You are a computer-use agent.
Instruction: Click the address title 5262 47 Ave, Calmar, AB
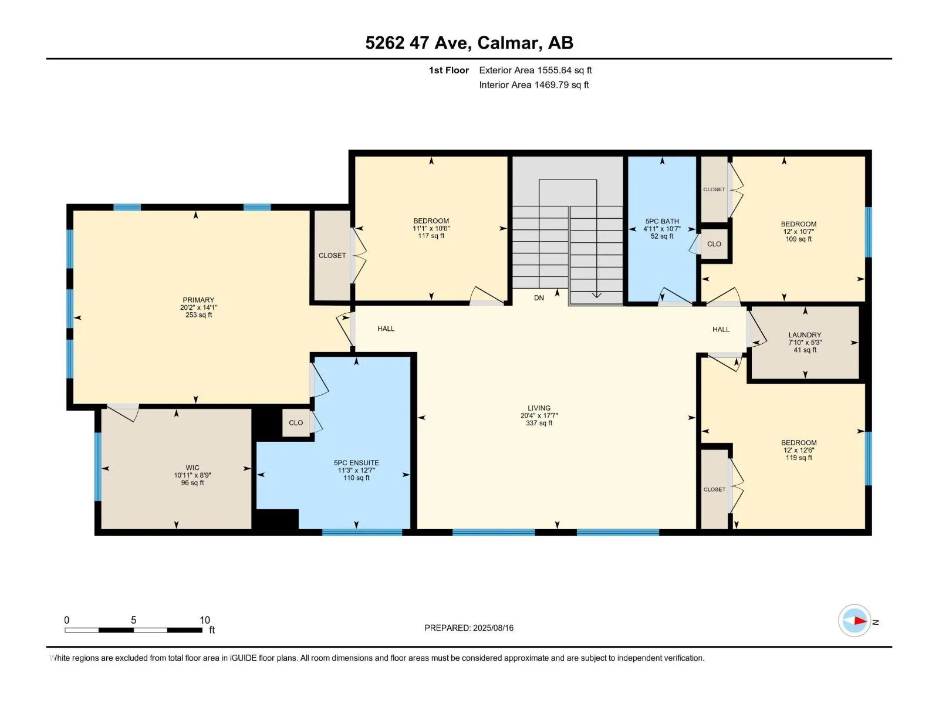coord(469,43)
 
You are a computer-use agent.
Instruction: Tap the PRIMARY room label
coord(198,300)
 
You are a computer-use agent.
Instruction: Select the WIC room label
coord(192,468)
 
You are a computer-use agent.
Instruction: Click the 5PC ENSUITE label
coord(356,463)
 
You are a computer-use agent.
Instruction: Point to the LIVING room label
coord(539,408)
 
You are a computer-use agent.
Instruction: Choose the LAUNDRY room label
coord(805,335)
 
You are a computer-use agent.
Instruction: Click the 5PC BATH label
coord(662,221)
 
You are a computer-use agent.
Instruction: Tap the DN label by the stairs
coord(539,298)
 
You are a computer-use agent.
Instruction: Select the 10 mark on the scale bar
coord(205,620)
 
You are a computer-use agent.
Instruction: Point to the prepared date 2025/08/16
coord(493,628)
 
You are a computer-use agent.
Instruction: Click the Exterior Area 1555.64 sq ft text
coord(536,70)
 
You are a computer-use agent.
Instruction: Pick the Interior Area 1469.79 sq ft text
coord(534,84)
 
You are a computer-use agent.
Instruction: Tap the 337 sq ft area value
coord(539,423)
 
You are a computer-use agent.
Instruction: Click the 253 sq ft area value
coord(198,315)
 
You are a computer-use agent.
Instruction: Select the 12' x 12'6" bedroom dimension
coord(799,450)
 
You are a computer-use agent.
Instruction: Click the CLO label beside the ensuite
coord(296,423)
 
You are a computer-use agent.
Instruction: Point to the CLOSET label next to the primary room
coord(332,256)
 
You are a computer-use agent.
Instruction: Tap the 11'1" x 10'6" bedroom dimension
coord(431,229)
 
